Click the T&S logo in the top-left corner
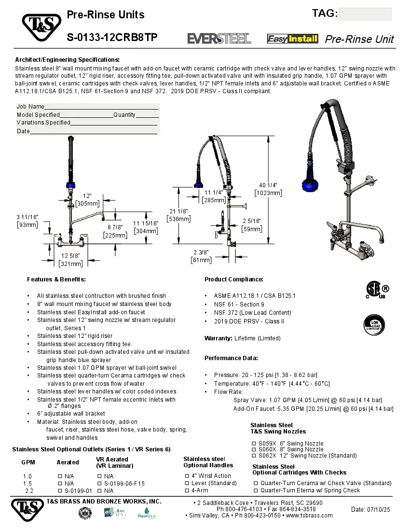41,27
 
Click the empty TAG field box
365,14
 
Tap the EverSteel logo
219,39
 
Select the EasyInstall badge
293,39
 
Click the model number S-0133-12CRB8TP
112,38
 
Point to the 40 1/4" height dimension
268,189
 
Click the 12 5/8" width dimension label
70,259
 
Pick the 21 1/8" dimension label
178,214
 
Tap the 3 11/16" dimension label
27,221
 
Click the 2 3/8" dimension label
201,256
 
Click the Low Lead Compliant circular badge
374,325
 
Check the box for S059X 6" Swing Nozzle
253,444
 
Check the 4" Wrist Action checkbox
187,476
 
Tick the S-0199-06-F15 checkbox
99,483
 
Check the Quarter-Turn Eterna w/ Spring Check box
256,490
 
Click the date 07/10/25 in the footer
370,510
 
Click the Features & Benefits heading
56,279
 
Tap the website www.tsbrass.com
309,516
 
